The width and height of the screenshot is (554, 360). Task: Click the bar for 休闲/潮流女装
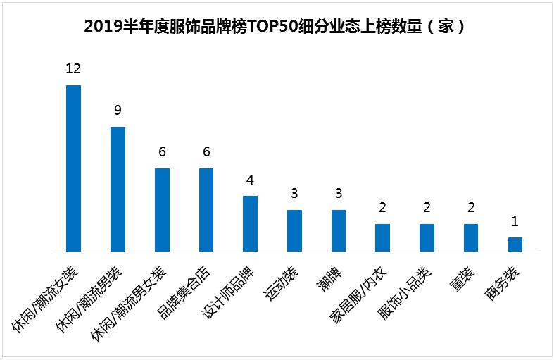[73, 168]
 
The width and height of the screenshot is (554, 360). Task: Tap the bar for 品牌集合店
[206, 209]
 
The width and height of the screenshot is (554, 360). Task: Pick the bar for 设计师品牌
[250, 223]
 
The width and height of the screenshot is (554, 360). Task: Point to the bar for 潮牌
[339, 230]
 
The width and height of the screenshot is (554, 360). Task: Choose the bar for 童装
[470, 237]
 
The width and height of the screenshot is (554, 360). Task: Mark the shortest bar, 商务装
[515, 244]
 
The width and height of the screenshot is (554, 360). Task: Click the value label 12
[73, 68]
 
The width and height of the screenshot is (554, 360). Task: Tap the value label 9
[118, 110]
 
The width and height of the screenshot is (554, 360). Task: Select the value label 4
[250, 179]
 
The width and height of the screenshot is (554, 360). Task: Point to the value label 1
[515, 221]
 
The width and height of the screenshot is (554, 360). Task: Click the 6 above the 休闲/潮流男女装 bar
[162, 151]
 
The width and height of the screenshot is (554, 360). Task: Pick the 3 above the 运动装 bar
[294, 194]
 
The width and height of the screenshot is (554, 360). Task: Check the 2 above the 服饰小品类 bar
[427, 207]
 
